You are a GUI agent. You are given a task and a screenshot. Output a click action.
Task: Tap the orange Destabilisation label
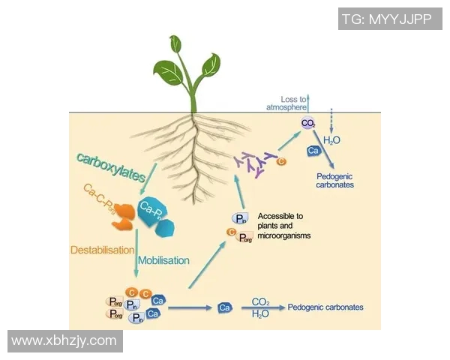100,249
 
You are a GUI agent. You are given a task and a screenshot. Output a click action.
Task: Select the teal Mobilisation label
163,260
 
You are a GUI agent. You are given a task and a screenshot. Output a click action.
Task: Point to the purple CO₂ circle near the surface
307,123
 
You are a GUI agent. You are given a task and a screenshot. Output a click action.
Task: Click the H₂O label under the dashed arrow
332,140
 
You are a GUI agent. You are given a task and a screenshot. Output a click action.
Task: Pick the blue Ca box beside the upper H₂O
315,151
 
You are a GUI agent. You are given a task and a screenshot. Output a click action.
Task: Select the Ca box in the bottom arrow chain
223,308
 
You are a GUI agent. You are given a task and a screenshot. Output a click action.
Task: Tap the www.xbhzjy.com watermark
64,341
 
